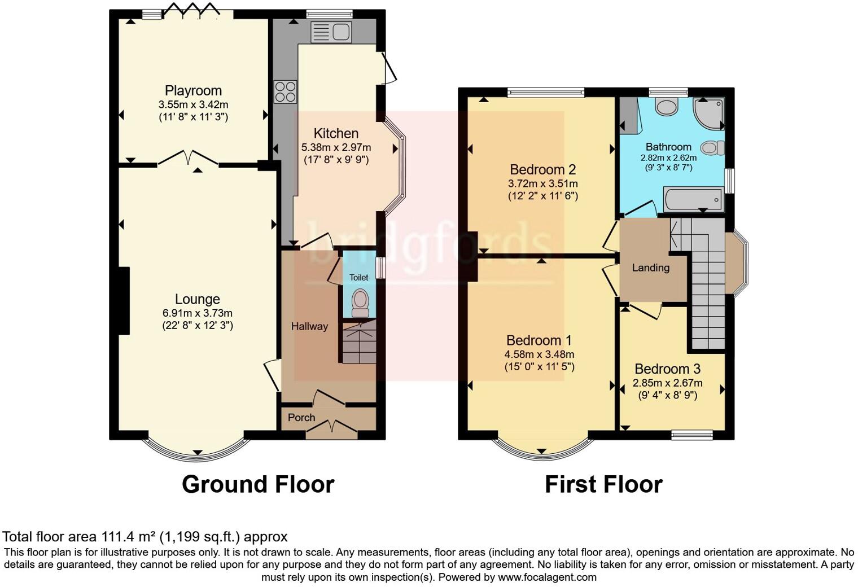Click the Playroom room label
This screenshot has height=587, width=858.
click(193, 90)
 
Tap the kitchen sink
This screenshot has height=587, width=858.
click(331, 32)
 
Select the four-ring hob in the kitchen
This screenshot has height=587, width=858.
click(285, 92)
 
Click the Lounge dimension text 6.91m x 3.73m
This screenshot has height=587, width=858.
click(197, 313)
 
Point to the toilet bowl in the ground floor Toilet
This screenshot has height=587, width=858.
click(360, 302)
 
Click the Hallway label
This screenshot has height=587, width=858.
click(309, 326)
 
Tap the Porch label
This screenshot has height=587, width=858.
click(301, 418)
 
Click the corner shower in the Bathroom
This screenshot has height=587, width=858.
click(710, 113)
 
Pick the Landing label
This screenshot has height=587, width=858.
click(650, 268)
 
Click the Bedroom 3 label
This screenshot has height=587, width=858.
click(667, 369)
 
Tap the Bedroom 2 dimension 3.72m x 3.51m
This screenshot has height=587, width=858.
click(542, 184)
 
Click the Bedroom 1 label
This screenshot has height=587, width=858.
click(539, 340)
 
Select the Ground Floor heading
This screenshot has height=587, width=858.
click(258, 484)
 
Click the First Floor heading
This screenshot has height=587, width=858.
click(603, 484)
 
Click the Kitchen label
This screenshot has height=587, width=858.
click(336, 134)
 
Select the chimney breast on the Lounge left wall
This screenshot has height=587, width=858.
click(124, 300)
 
